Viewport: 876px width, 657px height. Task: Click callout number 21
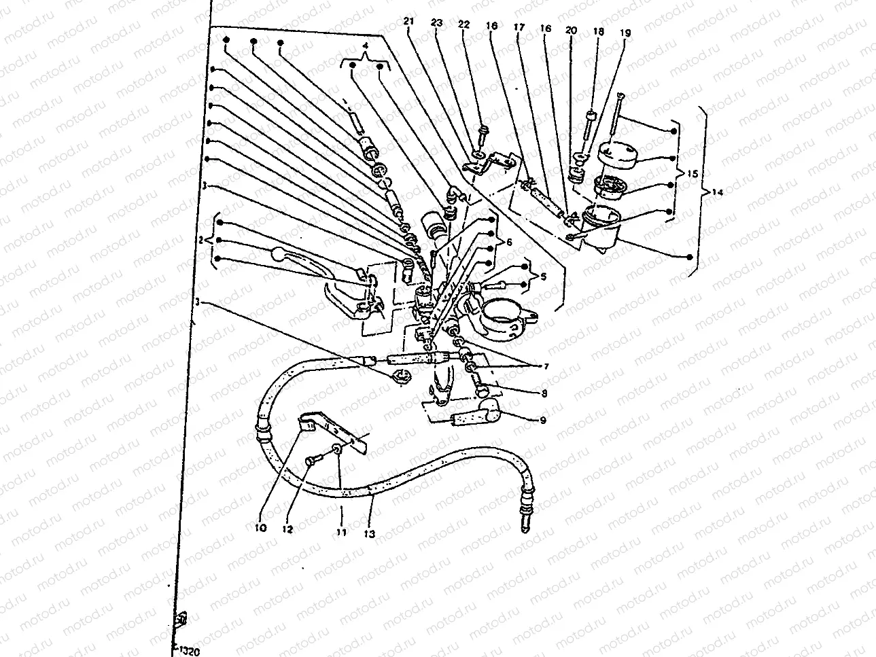tap(408, 22)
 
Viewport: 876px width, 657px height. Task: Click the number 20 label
tap(570, 31)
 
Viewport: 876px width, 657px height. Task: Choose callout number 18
tap(598, 31)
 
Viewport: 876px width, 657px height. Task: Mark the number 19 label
tap(624, 31)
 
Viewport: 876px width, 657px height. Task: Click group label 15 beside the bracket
tap(693, 174)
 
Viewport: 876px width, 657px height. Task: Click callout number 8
tap(542, 392)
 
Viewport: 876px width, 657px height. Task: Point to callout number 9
tap(542, 421)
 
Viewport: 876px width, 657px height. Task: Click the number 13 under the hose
tap(369, 533)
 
